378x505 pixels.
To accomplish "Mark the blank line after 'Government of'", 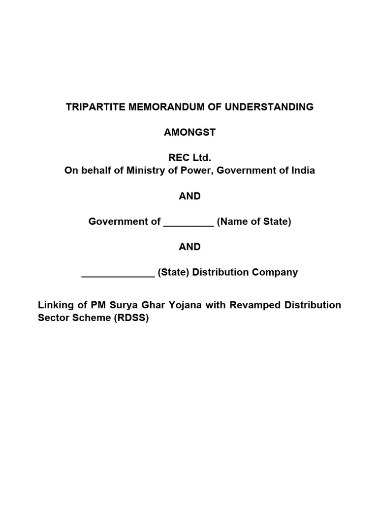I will [x=188, y=223].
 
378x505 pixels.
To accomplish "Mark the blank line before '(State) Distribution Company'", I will [x=118, y=274].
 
